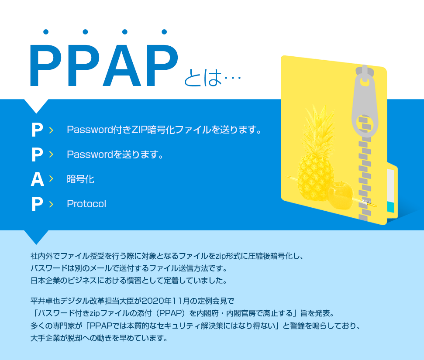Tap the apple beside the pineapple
341,195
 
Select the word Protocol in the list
86,204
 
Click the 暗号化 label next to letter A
80,179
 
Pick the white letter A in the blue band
37,179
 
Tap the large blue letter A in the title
122,66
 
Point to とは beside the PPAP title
203,78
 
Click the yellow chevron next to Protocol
51,204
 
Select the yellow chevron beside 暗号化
51,178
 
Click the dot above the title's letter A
124,32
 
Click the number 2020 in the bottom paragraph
153,301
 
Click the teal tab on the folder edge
391,207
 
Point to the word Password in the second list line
90,154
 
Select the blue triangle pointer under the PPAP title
36,106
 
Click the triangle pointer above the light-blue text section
36,237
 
